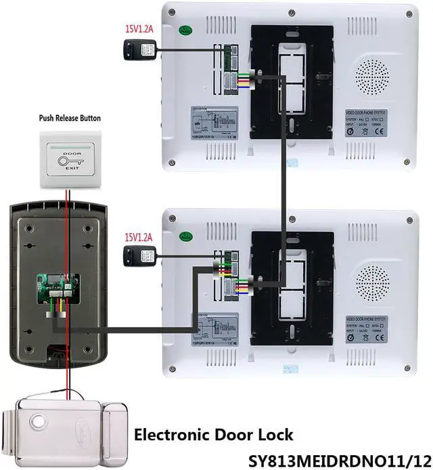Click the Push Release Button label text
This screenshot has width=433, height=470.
70,118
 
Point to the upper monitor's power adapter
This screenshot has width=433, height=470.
139,49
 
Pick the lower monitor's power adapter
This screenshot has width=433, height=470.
139,255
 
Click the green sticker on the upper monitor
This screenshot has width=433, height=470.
183,30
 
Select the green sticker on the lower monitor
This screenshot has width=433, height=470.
184,236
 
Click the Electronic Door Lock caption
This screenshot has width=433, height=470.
214,434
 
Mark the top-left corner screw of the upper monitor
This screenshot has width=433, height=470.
171,12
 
